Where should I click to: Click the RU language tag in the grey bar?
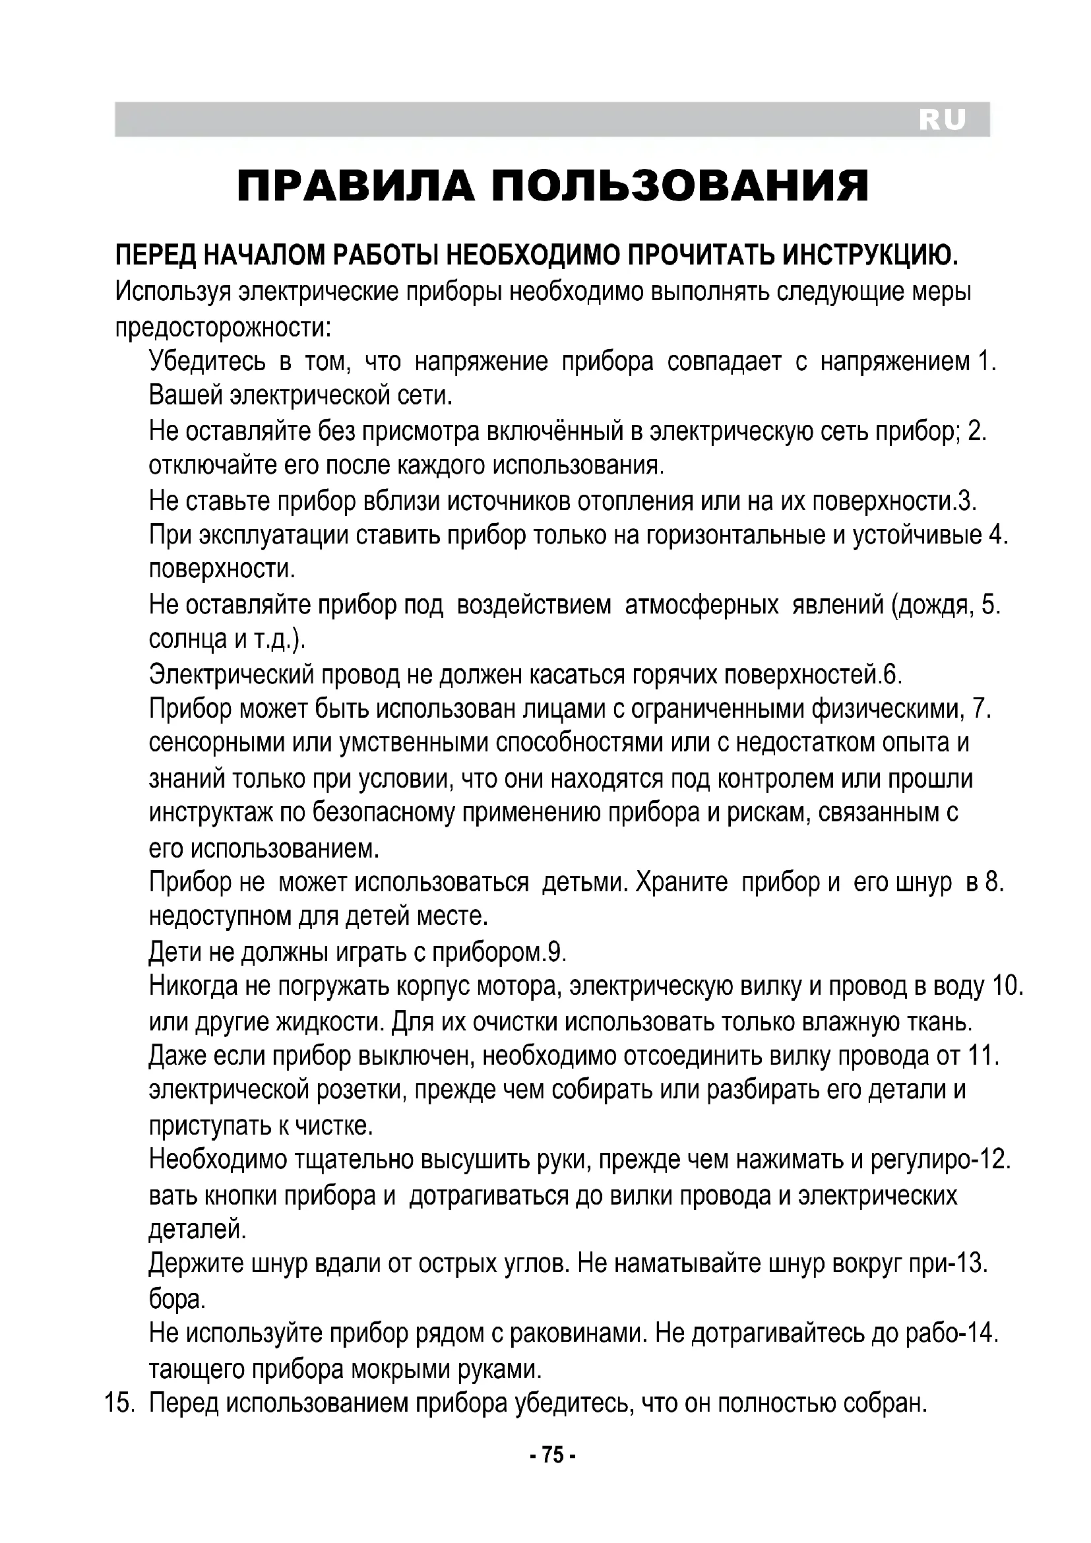tap(942, 119)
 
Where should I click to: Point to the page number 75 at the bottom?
tap(552, 1456)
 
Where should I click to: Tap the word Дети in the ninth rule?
tap(173, 952)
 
